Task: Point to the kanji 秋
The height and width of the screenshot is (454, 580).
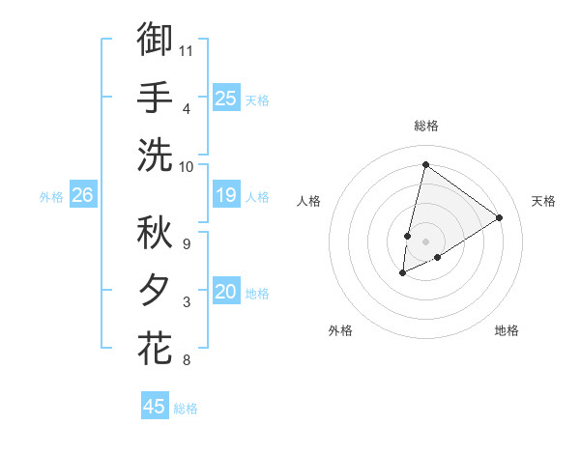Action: [x=155, y=233]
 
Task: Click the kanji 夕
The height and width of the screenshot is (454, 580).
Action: [x=155, y=291]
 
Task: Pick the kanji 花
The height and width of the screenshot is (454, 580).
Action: [x=155, y=348]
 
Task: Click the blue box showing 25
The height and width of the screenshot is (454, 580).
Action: [x=225, y=99]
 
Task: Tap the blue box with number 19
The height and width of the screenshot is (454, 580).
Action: [x=225, y=196]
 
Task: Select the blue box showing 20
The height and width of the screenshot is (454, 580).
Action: [x=225, y=293]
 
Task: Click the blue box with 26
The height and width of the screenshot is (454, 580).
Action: [x=82, y=196]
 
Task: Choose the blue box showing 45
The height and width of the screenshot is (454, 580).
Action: [x=155, y=407]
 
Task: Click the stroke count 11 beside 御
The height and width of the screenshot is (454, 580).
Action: [x=187, y=48]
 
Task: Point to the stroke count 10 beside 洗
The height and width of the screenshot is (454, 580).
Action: [x=187, y=165]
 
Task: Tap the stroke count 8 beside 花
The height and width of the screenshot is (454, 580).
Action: [x=186, y=361]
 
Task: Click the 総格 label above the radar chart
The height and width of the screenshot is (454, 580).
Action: [x=425, y=126]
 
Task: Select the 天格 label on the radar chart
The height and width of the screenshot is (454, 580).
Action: [x=543, y=201]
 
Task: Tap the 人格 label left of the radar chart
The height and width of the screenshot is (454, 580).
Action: [x=309, y=201]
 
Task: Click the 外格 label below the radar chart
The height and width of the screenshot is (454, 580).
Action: [x=340, y=330]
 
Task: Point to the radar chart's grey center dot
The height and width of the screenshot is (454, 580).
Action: [x=425, y=241]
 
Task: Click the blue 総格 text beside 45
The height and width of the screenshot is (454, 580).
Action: [x=186, y=409]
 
